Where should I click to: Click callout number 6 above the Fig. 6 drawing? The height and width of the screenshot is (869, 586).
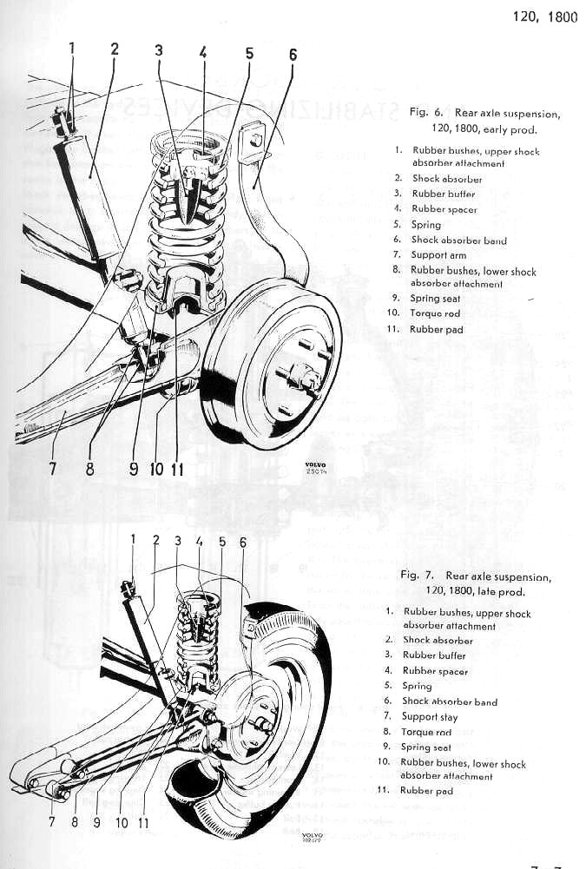[293, 54]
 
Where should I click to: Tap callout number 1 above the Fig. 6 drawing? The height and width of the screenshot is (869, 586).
[72, 49]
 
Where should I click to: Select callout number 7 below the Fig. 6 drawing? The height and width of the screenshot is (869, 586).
[53, 469]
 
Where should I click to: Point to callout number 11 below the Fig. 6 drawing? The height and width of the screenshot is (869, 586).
[178, 469]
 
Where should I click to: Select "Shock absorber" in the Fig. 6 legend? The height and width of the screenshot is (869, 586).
[446, 179]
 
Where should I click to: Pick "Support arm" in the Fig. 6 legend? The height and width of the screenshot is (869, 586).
[438, 255]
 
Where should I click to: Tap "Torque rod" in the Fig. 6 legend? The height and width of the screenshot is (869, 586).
[435, 313]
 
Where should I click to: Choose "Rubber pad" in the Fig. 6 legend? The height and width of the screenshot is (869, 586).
[437, 330]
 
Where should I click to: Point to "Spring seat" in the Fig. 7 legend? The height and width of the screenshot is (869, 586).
[426, 747]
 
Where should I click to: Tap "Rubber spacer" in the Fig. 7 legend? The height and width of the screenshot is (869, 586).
[435, 671]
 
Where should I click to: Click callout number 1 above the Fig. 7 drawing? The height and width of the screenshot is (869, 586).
[133, 539]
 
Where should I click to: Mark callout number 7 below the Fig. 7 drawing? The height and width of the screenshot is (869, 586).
[50, 820]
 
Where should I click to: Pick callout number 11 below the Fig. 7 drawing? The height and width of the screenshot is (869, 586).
[142, 820]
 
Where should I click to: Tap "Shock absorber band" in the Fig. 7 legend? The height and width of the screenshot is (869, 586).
[449, 701]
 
